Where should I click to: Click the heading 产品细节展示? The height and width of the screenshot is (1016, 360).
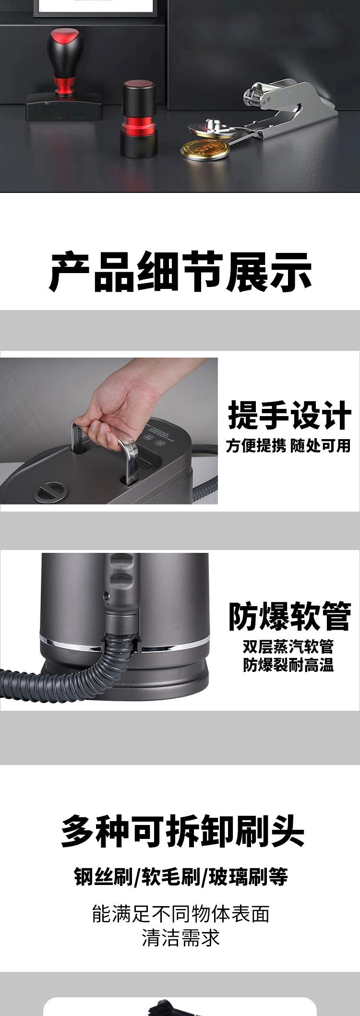pos(180,273)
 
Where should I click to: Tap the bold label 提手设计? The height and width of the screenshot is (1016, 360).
pos(289,415)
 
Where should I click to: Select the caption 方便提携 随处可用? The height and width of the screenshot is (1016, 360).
pos(288,446)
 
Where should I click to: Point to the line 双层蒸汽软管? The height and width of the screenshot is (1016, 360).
pos(288,647)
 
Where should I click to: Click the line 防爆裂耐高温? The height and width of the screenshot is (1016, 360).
pos(288,665)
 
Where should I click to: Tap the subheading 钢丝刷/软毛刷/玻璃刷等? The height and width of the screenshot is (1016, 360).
pos(181,877)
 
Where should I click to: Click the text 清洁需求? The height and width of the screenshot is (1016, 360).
pos(181,938)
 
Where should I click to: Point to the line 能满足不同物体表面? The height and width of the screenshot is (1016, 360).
pos(181,914)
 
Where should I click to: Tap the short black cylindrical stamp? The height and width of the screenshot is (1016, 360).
pos(138,119)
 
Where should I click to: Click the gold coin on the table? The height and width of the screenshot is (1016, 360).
pos(204,149)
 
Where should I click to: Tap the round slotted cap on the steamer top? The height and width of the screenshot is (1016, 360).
pos(49,492)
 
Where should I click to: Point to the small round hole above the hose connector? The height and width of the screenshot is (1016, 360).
pos(106,595)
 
